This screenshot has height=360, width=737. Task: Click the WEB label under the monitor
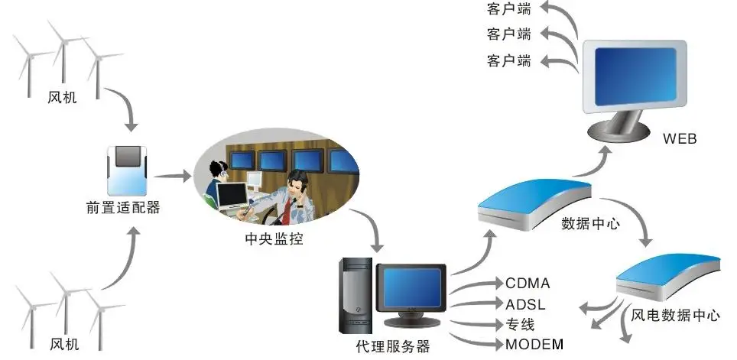click(680, 139)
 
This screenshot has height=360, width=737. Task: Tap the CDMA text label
click(528, 284)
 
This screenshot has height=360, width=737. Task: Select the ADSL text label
click(526, 304)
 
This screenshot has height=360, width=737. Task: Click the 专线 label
click(520, 323)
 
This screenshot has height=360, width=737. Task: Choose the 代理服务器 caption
click(393, 345)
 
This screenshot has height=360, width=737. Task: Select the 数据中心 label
click(590, 225)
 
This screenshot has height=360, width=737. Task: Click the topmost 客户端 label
click(509, 9)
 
